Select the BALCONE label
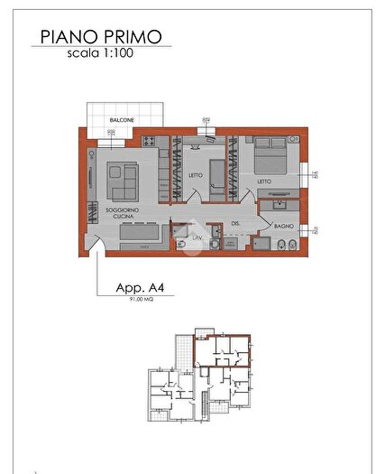click(122, 119)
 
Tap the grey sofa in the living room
click(123, 181)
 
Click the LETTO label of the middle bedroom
click(196, 176)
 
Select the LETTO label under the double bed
click(263, 182)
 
